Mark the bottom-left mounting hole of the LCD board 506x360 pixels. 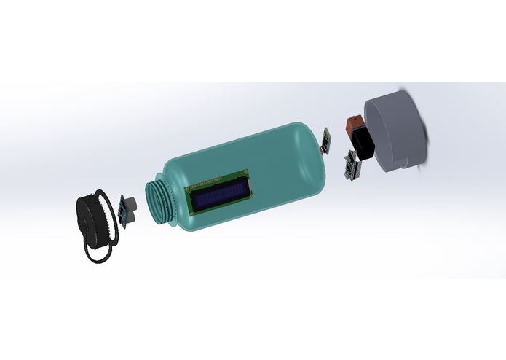click(x=192, y=212)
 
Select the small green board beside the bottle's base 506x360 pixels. click(x=327, y=138)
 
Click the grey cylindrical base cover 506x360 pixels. click(x=397, y=131)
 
